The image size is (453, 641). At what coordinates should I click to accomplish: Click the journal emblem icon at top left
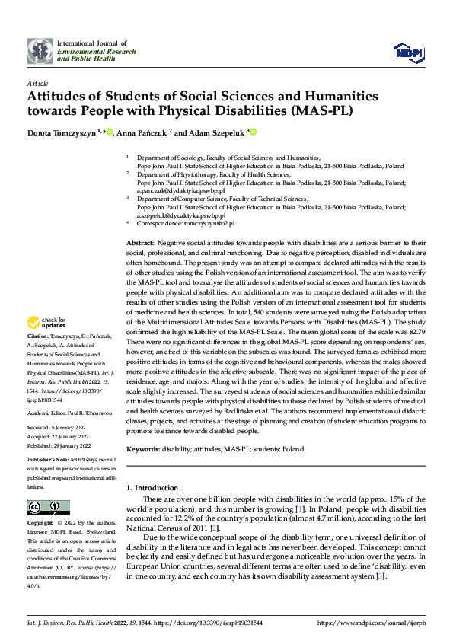[40, 51]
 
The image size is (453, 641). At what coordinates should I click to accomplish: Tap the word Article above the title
[37, 82]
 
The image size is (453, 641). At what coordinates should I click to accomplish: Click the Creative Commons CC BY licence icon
[48, 509]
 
